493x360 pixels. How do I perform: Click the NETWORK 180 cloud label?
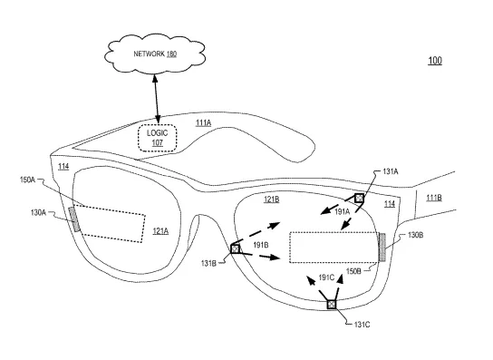(155, 54)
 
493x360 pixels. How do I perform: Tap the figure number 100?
(435, 61)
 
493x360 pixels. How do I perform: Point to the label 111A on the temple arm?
(203, 122)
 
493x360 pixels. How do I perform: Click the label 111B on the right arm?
(434, 198)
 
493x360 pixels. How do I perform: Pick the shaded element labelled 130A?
(74, 219)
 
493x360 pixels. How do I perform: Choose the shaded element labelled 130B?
(382, 247)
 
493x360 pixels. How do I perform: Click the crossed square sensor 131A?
(360, 199)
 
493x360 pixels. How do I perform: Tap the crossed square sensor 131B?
(236, 248)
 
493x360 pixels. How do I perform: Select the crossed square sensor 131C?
(332, 305)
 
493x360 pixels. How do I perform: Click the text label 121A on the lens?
(160, 231)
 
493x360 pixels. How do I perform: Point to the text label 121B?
(271, 199)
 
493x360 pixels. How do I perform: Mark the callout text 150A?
(27, 180)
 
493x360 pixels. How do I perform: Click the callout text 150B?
(353, 271)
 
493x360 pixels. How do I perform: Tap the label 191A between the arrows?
(342, 212)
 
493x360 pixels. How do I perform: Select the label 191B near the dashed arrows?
(261, 245)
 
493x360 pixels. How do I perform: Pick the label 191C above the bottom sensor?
(326, 277)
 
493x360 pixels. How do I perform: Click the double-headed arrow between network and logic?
(156, 99)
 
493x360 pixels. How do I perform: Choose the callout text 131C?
(362, 325)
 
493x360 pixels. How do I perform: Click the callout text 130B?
(415, 235)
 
